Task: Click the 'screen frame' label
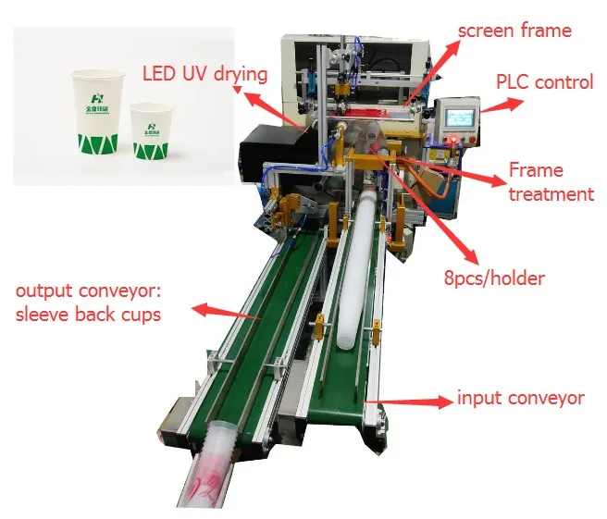point(514,31)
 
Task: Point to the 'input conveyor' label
point(521,399)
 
